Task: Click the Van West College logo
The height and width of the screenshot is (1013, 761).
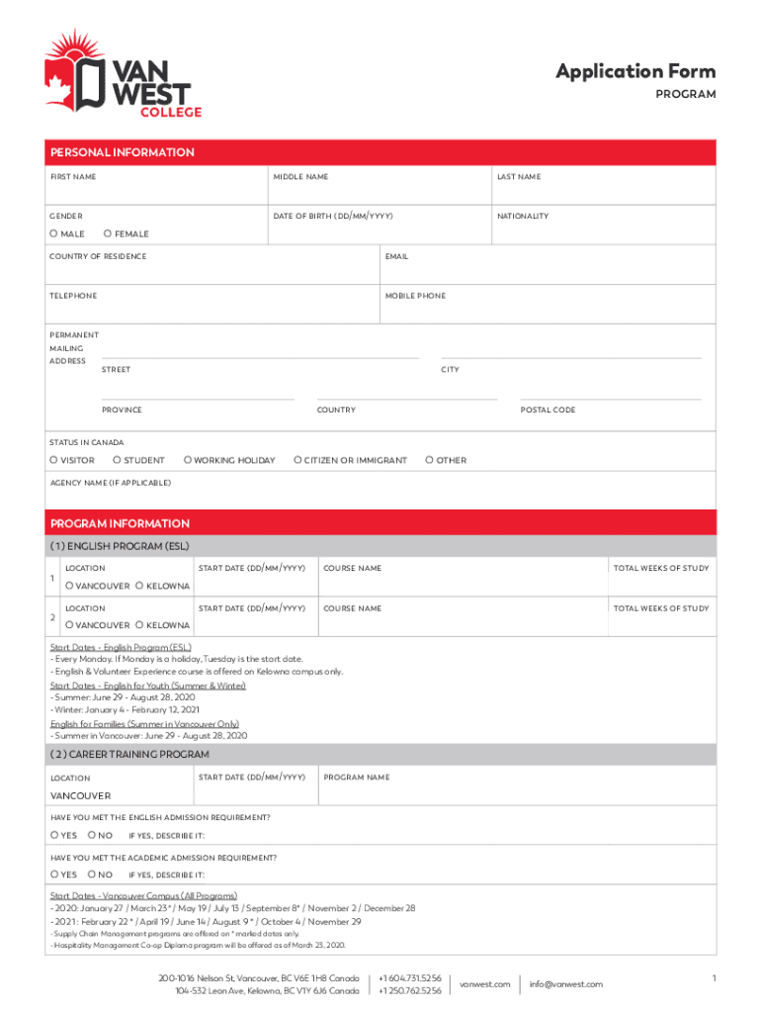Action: pos(123,75)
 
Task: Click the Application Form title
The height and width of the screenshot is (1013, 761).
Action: pos(634,70)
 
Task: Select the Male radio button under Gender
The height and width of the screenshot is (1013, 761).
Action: pos(54,234)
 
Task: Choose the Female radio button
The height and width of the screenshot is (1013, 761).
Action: pos(108,234)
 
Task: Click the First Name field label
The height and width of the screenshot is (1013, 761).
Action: pos(73,177)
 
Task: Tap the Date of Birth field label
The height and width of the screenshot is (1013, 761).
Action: pos(334,216)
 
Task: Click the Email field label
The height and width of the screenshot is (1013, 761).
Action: pos(396,256)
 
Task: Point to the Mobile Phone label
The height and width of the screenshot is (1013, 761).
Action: pos(416,296)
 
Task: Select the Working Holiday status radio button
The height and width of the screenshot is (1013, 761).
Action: pos(188,460)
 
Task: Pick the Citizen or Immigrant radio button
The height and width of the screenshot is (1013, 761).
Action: pos(297,460)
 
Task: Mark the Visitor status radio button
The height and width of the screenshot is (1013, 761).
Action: pos(54,460)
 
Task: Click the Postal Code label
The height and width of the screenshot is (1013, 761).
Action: pos(548,410)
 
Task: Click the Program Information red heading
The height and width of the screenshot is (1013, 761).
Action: pos(120,523)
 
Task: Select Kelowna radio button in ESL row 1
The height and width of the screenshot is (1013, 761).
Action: pos(139,586)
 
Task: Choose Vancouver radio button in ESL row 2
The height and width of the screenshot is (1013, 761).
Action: pos(69,625)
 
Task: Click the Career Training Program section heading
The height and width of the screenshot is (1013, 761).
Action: pos(129,755)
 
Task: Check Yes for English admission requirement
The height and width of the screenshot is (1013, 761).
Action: pos(54,835)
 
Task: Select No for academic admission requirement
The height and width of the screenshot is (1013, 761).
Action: pos(91,875)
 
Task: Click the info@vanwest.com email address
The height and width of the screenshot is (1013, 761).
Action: pos(565,984)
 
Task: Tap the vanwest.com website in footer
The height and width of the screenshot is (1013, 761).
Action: pos(485,984)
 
